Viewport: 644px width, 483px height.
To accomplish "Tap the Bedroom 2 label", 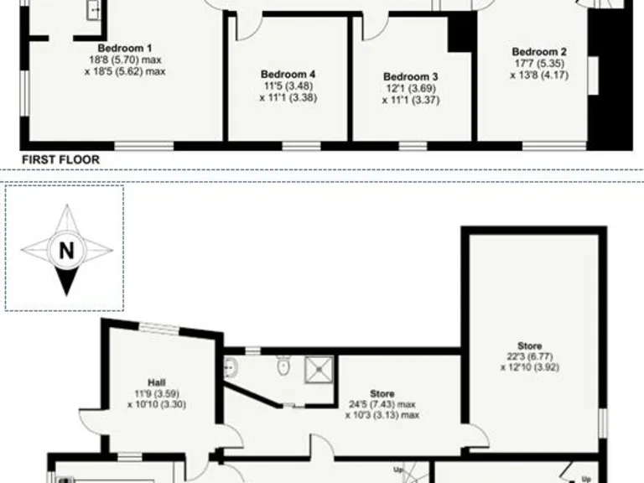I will [533, 50].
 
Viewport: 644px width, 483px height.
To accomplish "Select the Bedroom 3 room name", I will [410, 76].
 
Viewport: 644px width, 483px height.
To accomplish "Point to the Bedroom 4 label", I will [288, 74].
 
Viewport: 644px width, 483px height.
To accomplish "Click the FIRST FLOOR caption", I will [60, 159].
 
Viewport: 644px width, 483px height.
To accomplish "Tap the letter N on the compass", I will [65, 248].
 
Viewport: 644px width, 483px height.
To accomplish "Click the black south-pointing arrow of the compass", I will [65, 278].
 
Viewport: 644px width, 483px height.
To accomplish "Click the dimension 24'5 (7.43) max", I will [382, 404].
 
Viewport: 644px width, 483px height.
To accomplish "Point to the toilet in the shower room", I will [283, 366].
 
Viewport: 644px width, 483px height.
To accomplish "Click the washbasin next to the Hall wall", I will [230, 366].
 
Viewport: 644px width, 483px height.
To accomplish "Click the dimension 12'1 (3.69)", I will [410, 88].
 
